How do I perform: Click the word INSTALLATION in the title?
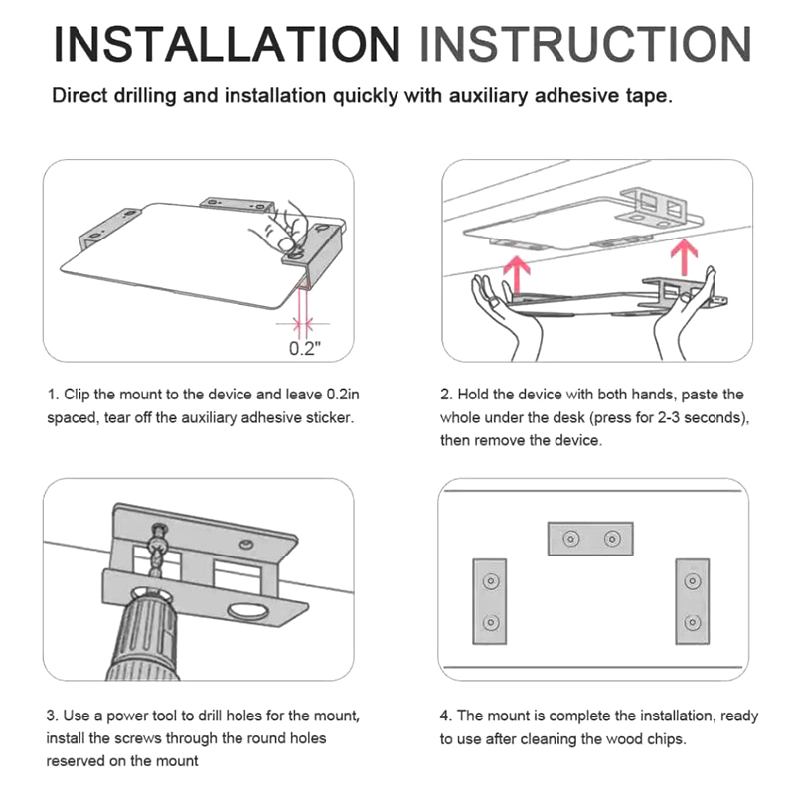pyautogui.click(x=227, y=44)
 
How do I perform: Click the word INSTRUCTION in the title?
pyautogui.click(x=585, y=44)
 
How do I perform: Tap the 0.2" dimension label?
pyautogui.click(x=305, y=349)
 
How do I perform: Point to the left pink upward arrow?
pyautogui.click(x=518, y=274)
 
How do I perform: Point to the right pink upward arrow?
pyautogui.click(x=684, y=257)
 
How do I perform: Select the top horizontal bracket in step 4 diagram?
pyautogui.click(x=590, y=539)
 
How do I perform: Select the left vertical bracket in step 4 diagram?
pyautogui.click(x=489, y=602)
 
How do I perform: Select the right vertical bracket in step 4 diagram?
pyautogui.click(x=692, y=602)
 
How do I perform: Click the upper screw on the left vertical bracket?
pyautogui.click(x=490, y=581)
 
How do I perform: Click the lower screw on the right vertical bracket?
pyautogui.click(x=693, y=622)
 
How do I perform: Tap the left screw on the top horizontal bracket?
pyautogui.click(x=571, y=538)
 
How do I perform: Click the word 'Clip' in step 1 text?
pyautogui.click(x=78, y=395)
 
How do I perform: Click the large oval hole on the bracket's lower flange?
pyautogui.click(x=248, y=612)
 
